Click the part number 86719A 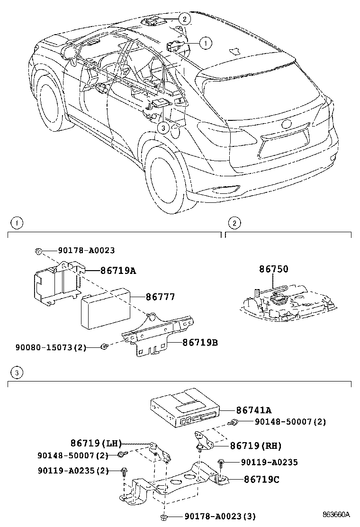tap(118, 271)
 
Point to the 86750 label tap(273, 269)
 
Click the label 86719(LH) tap(96, 444)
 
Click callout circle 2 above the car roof tap(185, 19)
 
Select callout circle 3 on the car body tap(162, 127)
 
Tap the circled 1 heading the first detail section tap(17, 222)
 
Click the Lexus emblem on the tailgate tap(287, 125)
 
